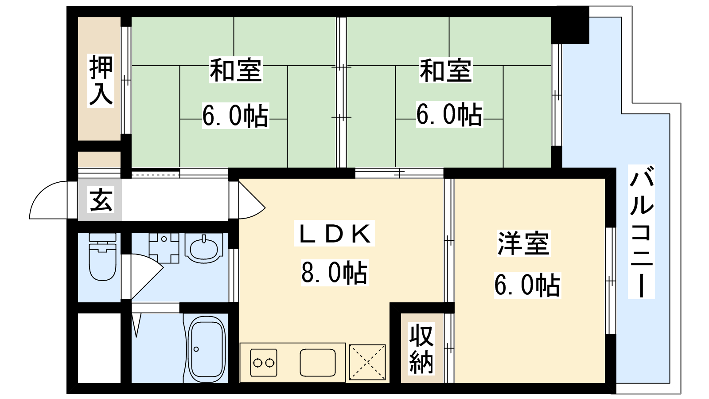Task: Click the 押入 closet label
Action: point(101,80)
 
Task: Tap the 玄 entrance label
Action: point(101,200)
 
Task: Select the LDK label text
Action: point(334,233)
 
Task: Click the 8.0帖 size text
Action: point(335,273)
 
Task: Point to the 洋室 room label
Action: point(523,243)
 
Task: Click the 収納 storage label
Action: point(421,348)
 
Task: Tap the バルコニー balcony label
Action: point(641,232)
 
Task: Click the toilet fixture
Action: point(102,257)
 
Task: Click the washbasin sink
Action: point(204,248)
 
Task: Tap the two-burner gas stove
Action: point(264,363)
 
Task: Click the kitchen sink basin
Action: point(317,363)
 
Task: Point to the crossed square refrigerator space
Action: point(367,362)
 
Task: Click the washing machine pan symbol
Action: point(164,248)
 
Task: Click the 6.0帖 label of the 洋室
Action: point(527,285)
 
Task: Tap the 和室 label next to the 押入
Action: point(236,70)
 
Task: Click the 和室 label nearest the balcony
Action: point(446,70)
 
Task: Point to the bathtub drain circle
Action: point(196,349)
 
